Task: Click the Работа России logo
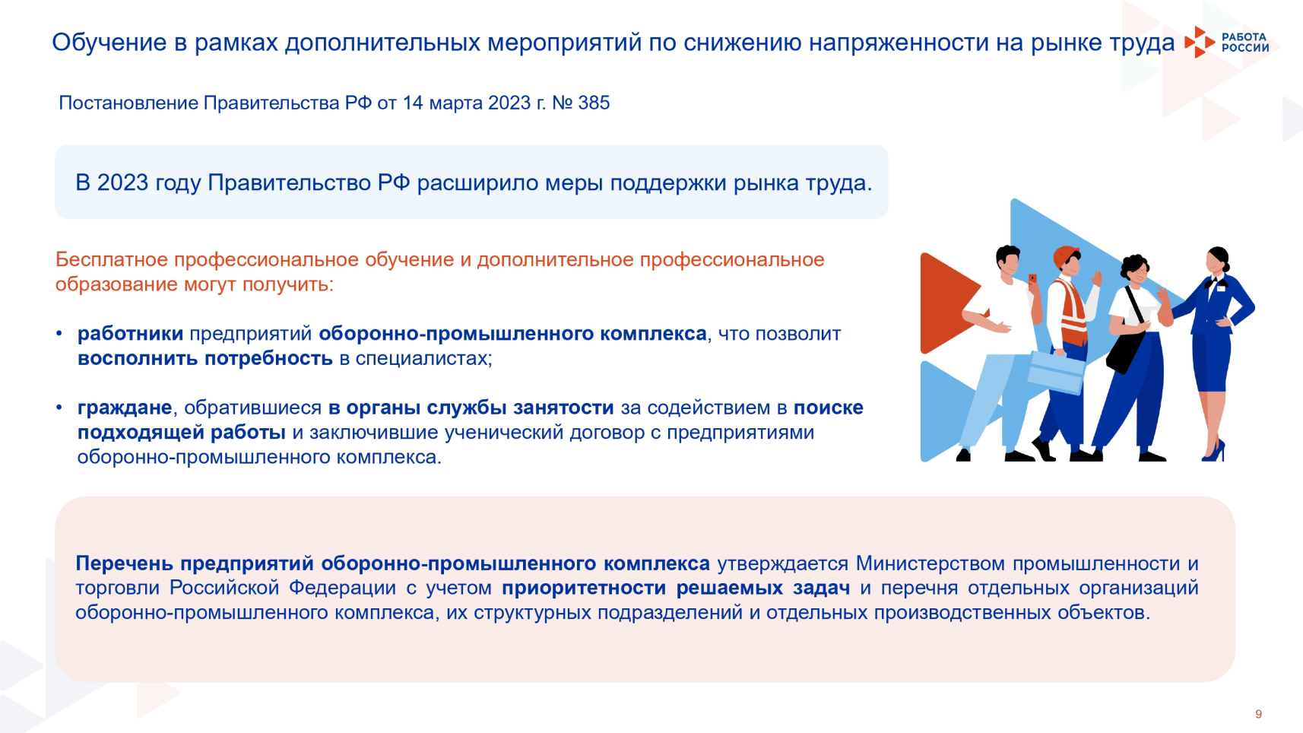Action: (1227, 43)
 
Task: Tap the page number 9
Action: (1258, 714)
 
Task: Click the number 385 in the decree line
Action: (594, 103)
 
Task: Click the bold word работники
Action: (130, 334)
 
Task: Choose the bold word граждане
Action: (125, 408)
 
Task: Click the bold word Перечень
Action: (125, 563)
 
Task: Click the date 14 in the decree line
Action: (413, 103)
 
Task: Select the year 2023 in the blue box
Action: (122, 182)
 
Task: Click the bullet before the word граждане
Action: (59, 408)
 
